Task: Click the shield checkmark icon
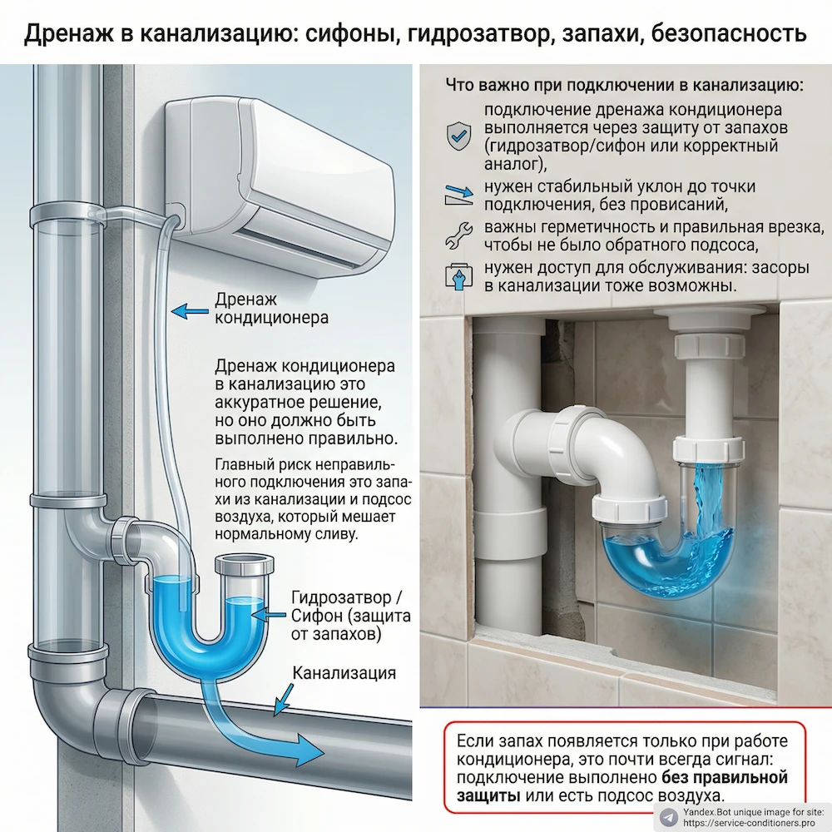coord(458,136)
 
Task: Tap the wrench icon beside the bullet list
coord(459,235)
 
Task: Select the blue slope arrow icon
coord(459,196)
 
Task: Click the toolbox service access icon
coord(458,276)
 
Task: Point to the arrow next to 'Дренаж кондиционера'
coord(190,311)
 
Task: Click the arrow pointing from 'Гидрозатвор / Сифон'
coord(269,615)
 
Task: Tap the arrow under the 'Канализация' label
coord(285,700)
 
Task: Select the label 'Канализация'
coord(344,673)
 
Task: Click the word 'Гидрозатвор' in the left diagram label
coord(341,597)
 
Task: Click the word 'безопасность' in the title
coord(728,33)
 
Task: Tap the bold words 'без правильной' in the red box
coord(725,778)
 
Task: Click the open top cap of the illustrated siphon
coord(245,565)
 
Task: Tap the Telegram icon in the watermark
coord(669,815)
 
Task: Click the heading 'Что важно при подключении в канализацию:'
coord(624,85)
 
